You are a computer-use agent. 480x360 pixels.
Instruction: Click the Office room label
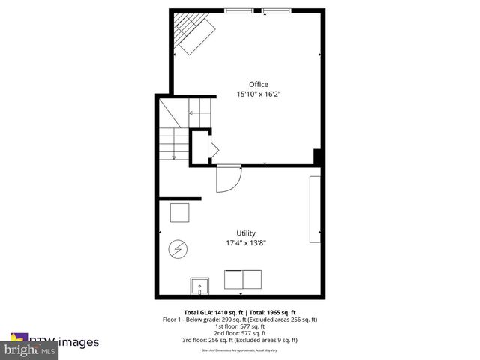click(x=259, y=84)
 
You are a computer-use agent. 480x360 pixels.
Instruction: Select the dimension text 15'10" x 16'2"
click(x=259, y=94)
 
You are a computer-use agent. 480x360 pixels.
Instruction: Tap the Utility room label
click(x=246, y=233)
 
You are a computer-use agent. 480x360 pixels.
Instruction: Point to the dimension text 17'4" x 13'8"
click(x=246, y=243)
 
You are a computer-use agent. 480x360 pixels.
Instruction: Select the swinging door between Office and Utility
click(x=228, y=179)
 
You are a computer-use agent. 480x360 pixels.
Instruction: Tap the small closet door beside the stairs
click(x=212, y=149)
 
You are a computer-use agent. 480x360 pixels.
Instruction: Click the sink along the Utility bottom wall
click(x=200, y=286)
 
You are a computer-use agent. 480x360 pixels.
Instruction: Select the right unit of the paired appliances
click(x=253, y=280)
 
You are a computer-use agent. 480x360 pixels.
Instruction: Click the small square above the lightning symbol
click(x=180, y=214)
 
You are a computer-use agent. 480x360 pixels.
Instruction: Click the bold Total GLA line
click(x=240, y=312)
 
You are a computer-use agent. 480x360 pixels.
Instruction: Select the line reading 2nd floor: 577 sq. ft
click(x=240, y=333)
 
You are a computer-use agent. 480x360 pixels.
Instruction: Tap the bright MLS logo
click(x=30, y=350)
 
